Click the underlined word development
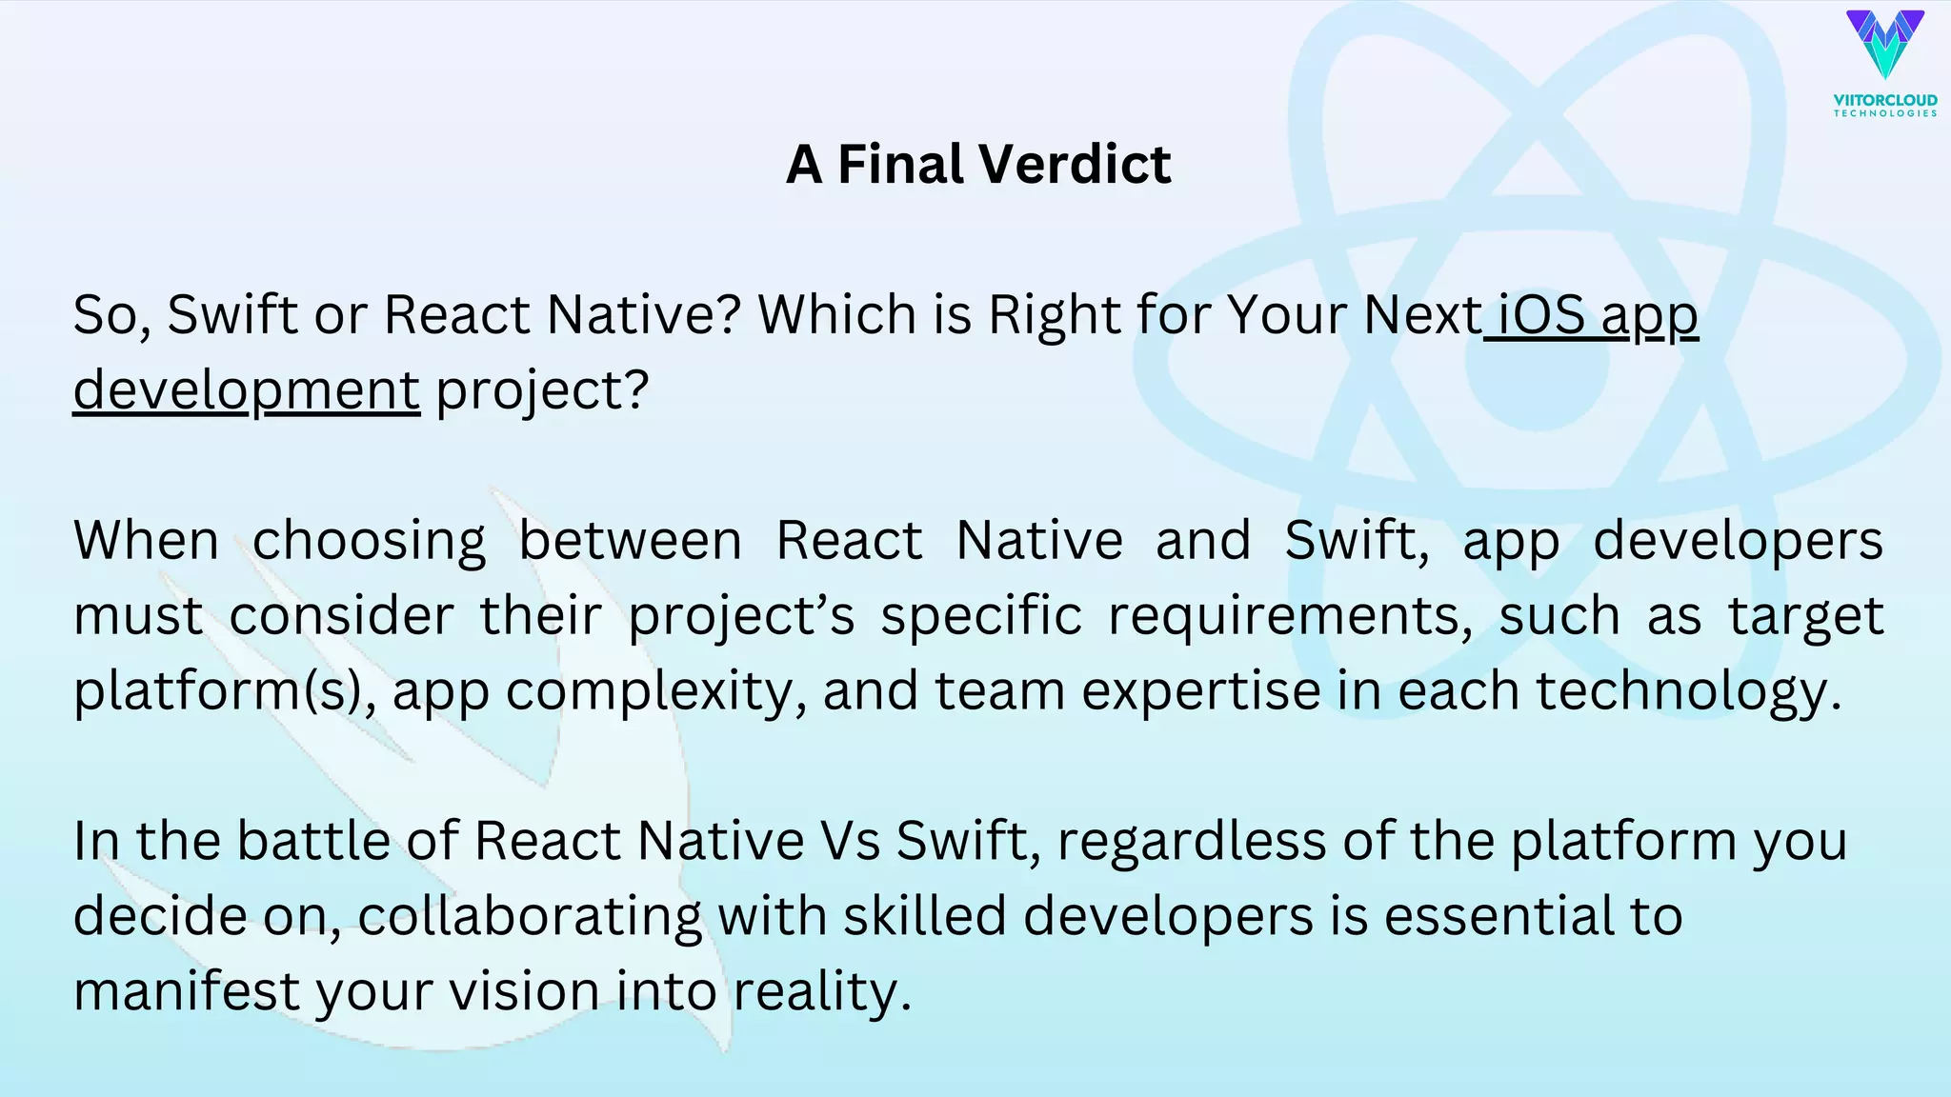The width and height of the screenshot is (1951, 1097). [x=247, y=389]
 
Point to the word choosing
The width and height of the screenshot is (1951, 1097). [x=369, y=540]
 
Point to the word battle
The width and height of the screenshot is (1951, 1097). [x=313, y=841]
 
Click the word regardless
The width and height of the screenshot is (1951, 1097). [x=1191, y=841]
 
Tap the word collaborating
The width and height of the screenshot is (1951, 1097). [x=530, y=916]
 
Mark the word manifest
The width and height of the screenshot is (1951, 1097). [x=187, y=991]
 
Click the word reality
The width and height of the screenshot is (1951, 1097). [x=822, y=991]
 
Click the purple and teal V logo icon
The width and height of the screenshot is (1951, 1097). [x=1884, y=44]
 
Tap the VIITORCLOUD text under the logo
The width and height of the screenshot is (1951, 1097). [x=1885, y=99]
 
